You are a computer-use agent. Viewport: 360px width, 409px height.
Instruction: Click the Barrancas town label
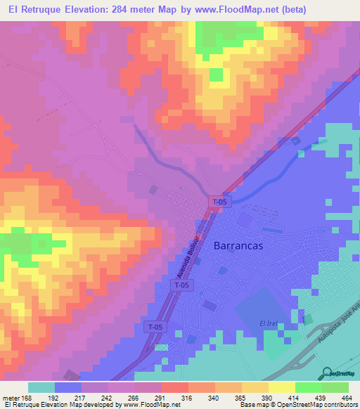click(x=239, y=245)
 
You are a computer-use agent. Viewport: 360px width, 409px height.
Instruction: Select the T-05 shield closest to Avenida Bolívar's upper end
click(x=219, y=202)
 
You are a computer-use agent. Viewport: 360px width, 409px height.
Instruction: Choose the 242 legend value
click(x=108, y=398)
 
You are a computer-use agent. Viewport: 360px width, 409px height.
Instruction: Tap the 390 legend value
click(x=266, y=398)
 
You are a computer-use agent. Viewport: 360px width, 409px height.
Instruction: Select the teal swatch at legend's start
click(x=41, y=387)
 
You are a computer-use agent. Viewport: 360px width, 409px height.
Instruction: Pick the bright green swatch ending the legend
click(x=335, y=387)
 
